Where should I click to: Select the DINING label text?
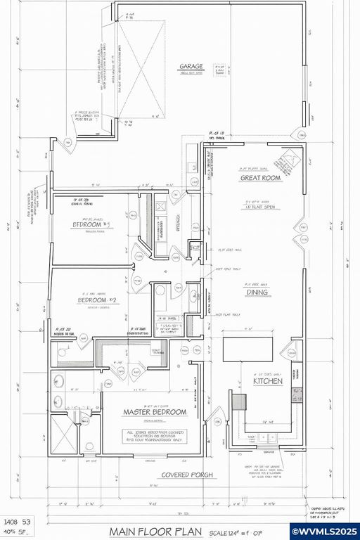click(x=258, y=292)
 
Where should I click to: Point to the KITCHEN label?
click(x=268, y=381)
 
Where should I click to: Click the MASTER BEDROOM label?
click(x=155, y=411)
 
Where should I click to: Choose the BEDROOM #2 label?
click(x=100, y=300)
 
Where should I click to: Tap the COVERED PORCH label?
click(x=187, y=475)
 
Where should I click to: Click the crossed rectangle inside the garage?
click(x=141, y=70)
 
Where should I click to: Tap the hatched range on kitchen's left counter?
click(x=238, y=401)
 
